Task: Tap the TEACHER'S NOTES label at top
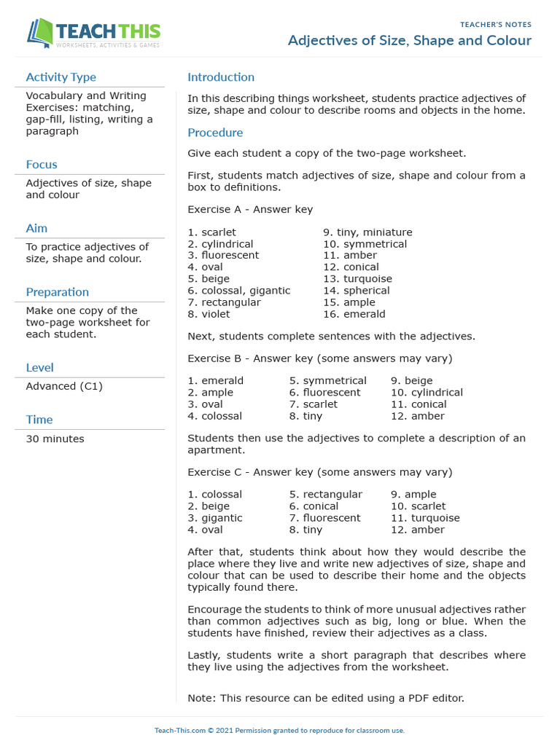495,25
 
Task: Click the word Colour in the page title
505,41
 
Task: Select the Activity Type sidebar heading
61,77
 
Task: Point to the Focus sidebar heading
42,165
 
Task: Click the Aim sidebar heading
36,229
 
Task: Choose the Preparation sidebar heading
57,292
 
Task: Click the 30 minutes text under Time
55,439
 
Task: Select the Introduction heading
221,77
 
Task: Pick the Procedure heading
215,133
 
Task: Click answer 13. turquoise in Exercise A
357,279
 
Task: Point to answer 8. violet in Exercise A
209,314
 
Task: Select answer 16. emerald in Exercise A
354,314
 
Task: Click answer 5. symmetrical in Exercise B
327,380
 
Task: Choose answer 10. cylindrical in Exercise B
427,392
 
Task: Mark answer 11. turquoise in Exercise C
425,517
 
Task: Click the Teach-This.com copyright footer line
279,730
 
